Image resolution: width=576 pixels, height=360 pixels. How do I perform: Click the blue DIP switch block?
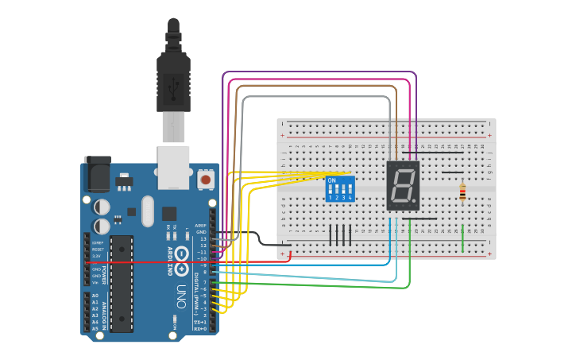click(x=339, y=189)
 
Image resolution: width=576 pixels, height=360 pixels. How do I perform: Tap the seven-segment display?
click(x=403, y=186)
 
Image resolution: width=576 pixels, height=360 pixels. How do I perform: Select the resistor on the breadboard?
click(x=463, y=192)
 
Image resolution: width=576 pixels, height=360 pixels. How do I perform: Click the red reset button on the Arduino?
click(x=206, y=180)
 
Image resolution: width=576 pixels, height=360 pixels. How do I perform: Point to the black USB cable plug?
click(x=173, y=75)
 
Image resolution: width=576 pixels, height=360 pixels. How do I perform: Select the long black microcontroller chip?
click(x=122, y=282)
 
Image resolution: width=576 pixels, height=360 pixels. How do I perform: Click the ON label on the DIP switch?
click(x=332, y=180)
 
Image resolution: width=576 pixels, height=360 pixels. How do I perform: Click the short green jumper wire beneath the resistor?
click(x=463, y=238)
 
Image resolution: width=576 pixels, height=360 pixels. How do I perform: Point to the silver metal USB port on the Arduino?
click(x=173, y=166)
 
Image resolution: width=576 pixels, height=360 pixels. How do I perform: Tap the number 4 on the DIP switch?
click(x=349, y=197)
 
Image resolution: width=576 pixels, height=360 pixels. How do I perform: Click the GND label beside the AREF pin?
click(x=201, y=231)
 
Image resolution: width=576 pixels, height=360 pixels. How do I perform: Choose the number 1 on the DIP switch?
click(x=331, y=197)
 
